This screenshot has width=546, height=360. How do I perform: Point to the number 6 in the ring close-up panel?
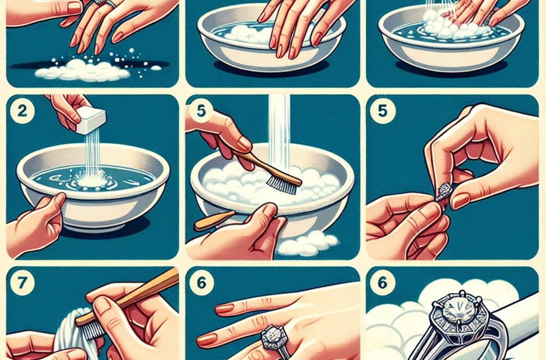(x=381, y=283)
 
